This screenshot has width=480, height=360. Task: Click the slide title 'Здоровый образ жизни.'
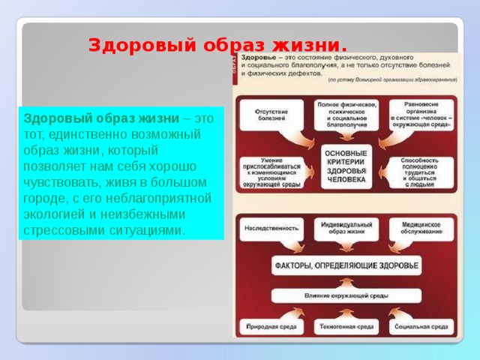tap(217, 45)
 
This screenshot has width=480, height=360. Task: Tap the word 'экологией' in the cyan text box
tap(53, 214)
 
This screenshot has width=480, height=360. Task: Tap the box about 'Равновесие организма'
tap(421, 114)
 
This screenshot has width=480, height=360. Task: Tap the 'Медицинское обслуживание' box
tap(421, 228)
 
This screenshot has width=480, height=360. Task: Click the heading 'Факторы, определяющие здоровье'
tap(346, 265)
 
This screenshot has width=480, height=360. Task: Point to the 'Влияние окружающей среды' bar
tap(346, 295)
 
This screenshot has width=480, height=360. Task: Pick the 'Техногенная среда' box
tap(346, 327)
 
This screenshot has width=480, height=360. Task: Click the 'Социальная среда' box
tap(421, 327)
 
